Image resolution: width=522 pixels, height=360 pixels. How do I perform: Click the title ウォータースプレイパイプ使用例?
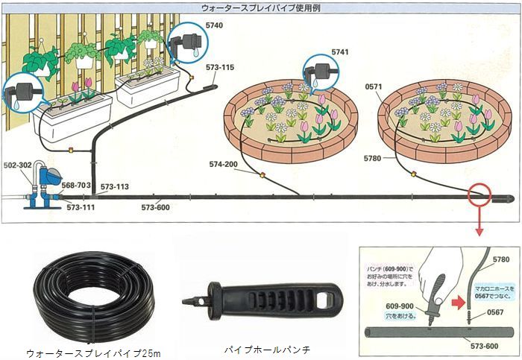pyautogui.click(x=260, y=7)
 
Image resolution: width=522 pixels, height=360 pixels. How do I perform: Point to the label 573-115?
pyautogui.click(x=220, y=68)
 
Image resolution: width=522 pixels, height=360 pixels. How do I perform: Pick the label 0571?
pyautogui.click(x=374, y=86)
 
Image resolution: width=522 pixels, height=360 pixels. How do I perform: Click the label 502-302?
pyautogui.click(x=16, y=164)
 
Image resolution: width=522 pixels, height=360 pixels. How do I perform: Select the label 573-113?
pyautogui.click(x=114, y=187)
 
